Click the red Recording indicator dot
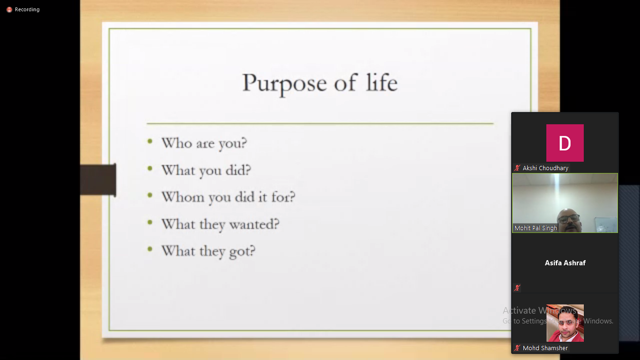click(x=9, y=10)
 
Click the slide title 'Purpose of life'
click(x=320, y=83)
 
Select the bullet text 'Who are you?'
click(x=204, y=143)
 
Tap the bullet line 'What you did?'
click(x=206, y=171)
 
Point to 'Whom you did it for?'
click(x=228, y=197)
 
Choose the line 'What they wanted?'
click(x=220, y=224)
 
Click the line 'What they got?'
click(x=208, y=251)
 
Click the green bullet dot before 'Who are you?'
click(x=150, y=141)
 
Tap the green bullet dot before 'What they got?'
click(x=150, y=249)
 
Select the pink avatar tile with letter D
click(x=565, y=142)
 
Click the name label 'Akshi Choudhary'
click(x=545, y=168)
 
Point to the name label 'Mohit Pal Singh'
click(x=536, y=228)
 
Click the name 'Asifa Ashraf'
click(x=565, y=263)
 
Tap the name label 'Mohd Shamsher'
click(x=545, y=348)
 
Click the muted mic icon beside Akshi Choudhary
click(x=517, y=168)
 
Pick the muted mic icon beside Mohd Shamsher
click(x=517, y=348)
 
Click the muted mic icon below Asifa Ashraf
click(x=517, y=288)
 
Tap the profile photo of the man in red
click(x=565, y=323)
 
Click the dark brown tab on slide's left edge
click(x=98, y=180)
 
